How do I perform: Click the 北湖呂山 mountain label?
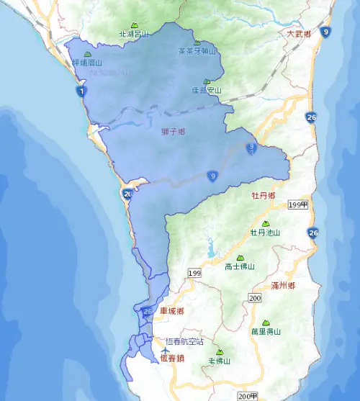tap(133, 34)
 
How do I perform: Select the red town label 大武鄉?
tap(299, 34)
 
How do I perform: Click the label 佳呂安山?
tap(207, 91)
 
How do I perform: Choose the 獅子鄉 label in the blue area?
tap(174, 132)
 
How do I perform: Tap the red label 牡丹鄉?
tap(264, 195)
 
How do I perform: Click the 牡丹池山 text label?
tap(265, 233)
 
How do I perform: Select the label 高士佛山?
tap(240, 266)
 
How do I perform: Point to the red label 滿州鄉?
tap(283, 286)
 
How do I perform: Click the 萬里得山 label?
tap(266, 332)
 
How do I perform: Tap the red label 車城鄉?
tap(172, 311)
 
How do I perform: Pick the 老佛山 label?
tap(220, 361)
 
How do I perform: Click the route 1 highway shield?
tap(81, 92)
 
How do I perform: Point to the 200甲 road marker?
tap(248, 396)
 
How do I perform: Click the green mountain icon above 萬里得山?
tap(266, 323)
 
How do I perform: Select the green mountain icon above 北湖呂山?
tap(133, 24)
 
